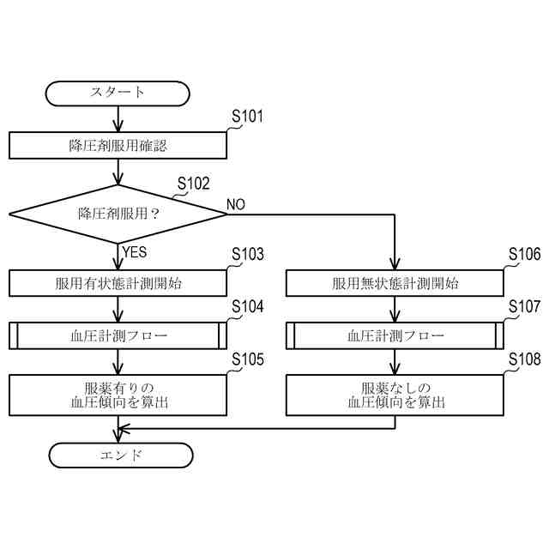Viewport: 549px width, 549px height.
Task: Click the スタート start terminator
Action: (118, 93)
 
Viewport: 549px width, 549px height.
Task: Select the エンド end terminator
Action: (118, 455)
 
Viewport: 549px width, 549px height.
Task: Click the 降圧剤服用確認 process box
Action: (118, 145)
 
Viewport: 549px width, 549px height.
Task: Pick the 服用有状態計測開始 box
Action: (118, 283)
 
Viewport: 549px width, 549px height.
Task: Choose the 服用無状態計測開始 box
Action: (395, 283)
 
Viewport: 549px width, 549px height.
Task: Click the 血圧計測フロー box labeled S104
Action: (118, 335)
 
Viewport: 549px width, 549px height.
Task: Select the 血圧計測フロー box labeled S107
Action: (395, 335)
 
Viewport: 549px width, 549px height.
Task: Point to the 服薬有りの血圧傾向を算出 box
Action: (118, 394)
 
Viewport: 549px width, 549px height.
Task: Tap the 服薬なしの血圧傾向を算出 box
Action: (395, 394)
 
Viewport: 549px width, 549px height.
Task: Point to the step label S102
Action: (193, 184)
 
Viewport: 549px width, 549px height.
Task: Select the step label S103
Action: (248, 255)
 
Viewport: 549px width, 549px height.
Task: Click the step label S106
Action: (524, 255)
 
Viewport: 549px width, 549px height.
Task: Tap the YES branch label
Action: (136, 252)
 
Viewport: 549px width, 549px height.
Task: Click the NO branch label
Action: (236, 204)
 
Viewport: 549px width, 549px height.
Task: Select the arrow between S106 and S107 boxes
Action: (395, 309)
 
